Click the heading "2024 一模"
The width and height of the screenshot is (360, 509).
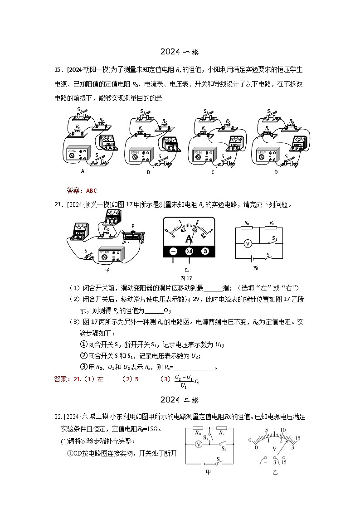click(x=180, y=53)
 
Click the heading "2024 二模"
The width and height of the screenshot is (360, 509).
click(x=180, y=400)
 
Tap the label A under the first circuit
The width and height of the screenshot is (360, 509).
click(x=83, y=171)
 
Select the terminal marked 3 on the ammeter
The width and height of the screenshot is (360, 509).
click(x=205, y=251)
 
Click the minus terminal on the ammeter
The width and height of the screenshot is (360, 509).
click(x=173, y=251)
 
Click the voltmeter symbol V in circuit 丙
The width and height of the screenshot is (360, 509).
click(x=248, y=243)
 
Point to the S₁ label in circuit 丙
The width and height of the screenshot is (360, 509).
click(x=274, y=238)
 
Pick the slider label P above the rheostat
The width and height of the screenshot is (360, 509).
click(x=133, y=225)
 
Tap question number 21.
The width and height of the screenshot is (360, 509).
click(x=58, y=204)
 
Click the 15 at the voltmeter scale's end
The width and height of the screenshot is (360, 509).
click(x=297, y=438)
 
